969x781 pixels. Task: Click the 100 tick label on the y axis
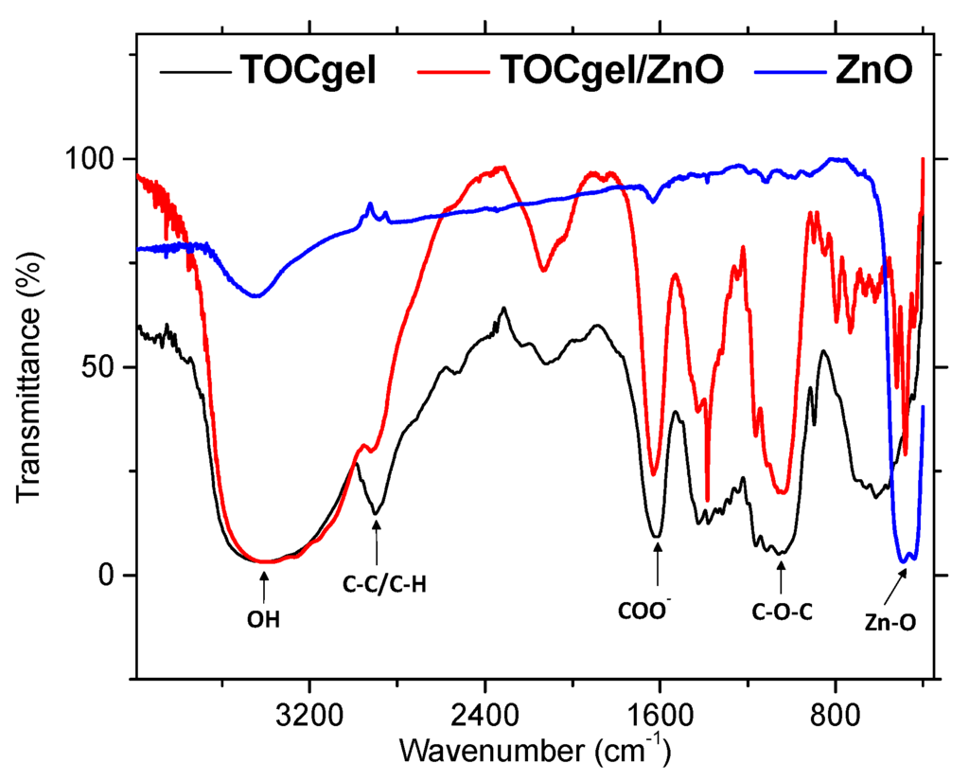(x=97, y=158)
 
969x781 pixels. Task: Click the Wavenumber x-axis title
(x=535, y=750)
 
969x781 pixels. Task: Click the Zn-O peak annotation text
(x=889, y=625)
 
